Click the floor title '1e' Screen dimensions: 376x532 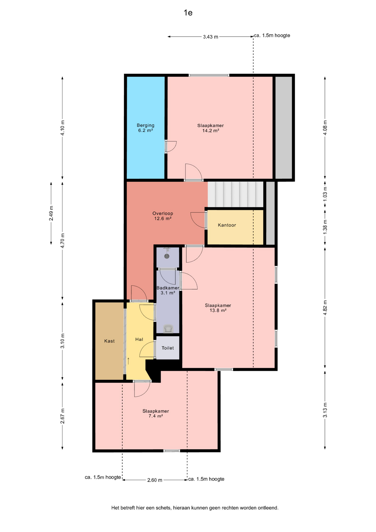(188, 13)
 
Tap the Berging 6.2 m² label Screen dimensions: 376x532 (146, 128)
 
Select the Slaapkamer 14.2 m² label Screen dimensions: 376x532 (210, 128)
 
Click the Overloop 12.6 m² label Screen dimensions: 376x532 (163, 216)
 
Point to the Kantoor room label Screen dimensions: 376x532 (227, 225)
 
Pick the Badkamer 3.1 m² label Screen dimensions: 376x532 (168, 290)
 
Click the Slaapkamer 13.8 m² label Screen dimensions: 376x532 (218, 308)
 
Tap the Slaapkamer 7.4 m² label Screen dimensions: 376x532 (156, 413)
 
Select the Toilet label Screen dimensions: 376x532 (168, 348)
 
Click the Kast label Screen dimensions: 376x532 (109, 341)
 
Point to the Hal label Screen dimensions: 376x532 (139, 339)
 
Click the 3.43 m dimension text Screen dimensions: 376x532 (210, 37)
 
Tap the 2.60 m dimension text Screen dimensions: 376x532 (155, 480)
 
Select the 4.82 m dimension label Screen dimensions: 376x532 (325, 308)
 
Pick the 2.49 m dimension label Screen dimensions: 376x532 (51, 214)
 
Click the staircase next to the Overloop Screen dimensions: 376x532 (235, 194)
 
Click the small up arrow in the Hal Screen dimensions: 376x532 (128, 361)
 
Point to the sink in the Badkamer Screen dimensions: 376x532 (168, 329)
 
